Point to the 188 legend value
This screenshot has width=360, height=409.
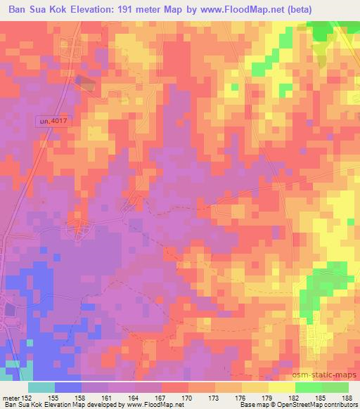[347, 398]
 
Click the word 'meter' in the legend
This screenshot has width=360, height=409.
[11, 398]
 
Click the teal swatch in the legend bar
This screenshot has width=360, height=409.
[42, 387]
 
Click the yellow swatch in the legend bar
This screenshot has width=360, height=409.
[281, 387]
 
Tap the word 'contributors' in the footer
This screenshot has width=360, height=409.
[341, 405]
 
